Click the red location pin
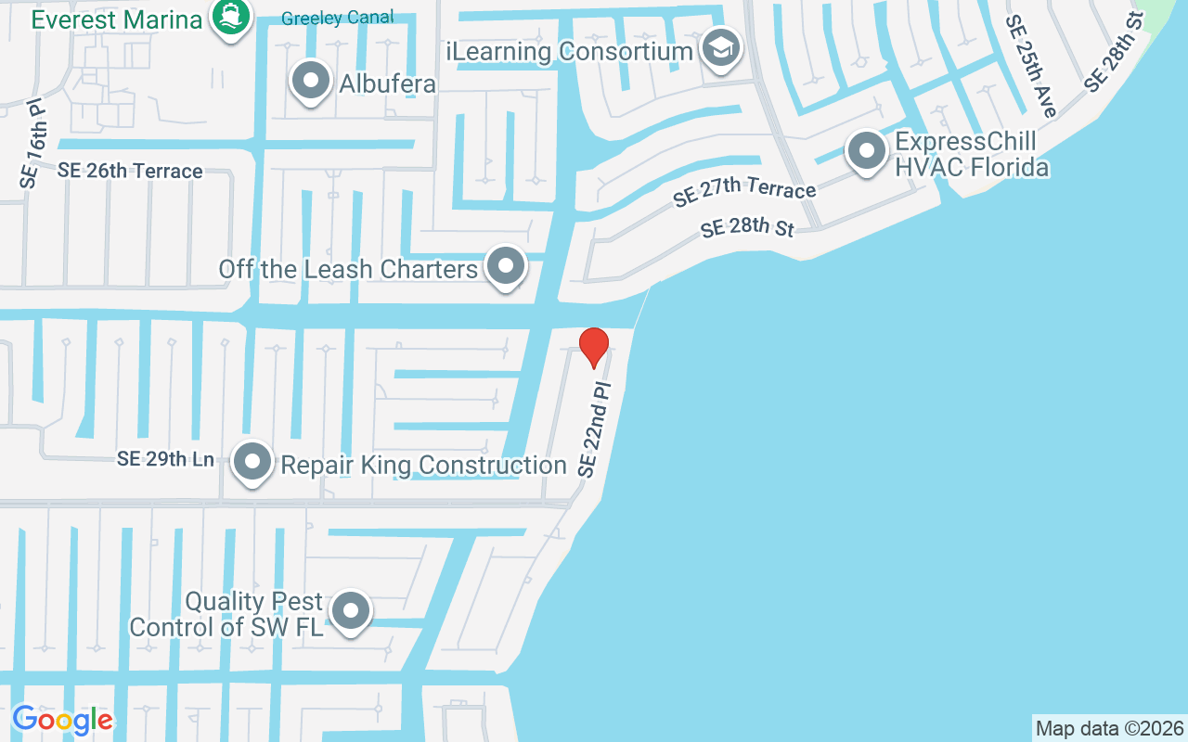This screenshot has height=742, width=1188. coord(594,347)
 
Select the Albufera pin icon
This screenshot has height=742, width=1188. coord(311,82)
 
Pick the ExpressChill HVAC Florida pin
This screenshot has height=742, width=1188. coord(866,151)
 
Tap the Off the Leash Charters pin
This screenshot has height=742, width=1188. coord(506,267)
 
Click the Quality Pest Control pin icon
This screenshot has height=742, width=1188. coord(351,611)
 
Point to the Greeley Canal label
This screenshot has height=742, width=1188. coord(337,18)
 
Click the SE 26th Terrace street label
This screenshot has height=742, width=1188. coord(130,171)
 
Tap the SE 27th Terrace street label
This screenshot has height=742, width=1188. coord(744,189)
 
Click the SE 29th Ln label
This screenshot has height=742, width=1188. coord(166,459)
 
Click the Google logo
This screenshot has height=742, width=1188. coord(62,720)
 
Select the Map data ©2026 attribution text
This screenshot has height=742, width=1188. coord(1109,728)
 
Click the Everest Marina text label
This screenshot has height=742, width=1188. coord(116,19)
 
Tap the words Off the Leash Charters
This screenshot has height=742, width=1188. coord(348,269)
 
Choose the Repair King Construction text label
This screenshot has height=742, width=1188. coord(423,465)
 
